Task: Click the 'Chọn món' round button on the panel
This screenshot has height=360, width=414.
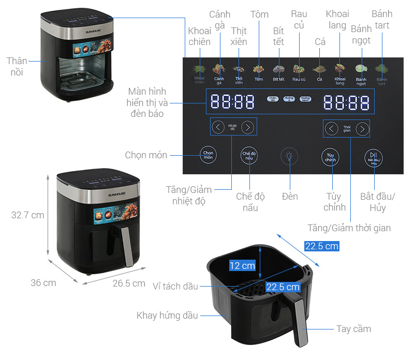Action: pyautogui.click(x=208, y=156)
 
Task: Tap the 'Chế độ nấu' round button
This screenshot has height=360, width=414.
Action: pyautogui.click(x=249, y=156)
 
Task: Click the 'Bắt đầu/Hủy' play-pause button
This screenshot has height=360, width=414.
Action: pyautogui.click(x=374, y=157)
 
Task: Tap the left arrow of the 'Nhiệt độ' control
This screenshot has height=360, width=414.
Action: pyautogui.click(x=218, y=127)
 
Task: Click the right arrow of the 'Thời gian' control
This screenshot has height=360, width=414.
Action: pyautogui.click(x=363, y=129)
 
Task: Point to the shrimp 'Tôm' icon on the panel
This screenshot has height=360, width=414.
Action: pyautogui.click(x=259, y=69)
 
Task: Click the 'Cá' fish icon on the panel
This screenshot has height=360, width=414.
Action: pyautogui.click(x=320, y=69)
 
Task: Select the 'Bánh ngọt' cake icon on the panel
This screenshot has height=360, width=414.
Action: pyautogui.click(x=361, y=69)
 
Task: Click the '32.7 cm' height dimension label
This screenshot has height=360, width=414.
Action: pyautogui.click(x=28, y=215)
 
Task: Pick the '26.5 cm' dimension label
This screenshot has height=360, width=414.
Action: pyautogui.click(x=129, y=283)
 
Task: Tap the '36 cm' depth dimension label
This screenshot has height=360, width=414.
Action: pyautogui.click(x=43, y=283)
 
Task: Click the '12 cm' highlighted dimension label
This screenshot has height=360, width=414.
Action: pyautogui.click(x=242, y=265)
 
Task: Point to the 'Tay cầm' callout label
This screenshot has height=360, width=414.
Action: pyautogui.click(x=353, y=329)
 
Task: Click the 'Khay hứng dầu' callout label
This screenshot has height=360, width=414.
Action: pyautogui.click(x=167, y=316)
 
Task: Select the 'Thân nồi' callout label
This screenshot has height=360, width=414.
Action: pyautogui.click(x=17, y=67)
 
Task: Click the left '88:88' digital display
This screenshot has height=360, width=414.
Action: pyautogui.click(x=232, y=101)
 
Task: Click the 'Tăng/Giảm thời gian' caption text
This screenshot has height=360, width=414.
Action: pyautogui.click(x=349, y=228)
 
